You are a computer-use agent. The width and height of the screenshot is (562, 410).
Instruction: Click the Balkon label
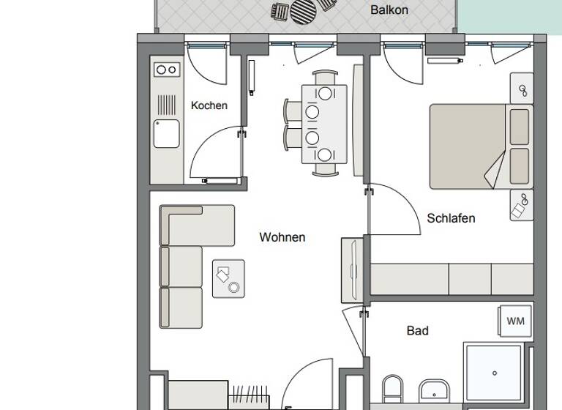[389, 10]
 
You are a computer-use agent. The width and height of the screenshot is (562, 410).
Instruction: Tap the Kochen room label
[209, 105]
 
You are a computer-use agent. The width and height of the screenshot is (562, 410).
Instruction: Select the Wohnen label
[282, 237]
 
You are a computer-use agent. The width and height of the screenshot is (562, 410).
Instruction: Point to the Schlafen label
[451, 218]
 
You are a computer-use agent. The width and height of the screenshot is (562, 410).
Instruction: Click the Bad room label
[417, 331]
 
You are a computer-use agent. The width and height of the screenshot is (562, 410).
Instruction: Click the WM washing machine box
[515, 321]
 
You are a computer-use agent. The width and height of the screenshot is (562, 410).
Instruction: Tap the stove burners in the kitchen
[167, 70]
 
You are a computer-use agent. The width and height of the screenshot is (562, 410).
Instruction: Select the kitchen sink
[167, 133]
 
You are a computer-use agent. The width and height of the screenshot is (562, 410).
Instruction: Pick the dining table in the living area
[324, 124]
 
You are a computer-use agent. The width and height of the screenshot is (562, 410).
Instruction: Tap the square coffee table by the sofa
[228, 278]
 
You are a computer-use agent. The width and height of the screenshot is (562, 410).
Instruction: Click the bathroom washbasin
[436, 392]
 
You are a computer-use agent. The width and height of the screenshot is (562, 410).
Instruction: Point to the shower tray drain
[495, 374]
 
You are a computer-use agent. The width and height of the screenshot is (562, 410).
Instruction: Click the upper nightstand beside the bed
[522, 90]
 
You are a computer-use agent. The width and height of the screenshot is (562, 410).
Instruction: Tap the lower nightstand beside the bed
[522, 205]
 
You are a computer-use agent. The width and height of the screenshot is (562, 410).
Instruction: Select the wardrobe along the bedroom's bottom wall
[452, 279]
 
